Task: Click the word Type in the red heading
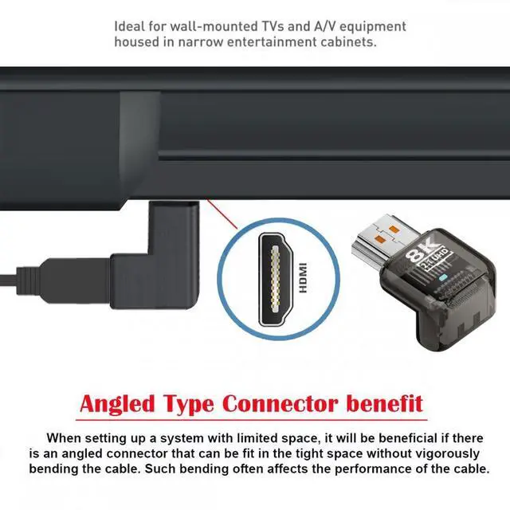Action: [195, 402]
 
